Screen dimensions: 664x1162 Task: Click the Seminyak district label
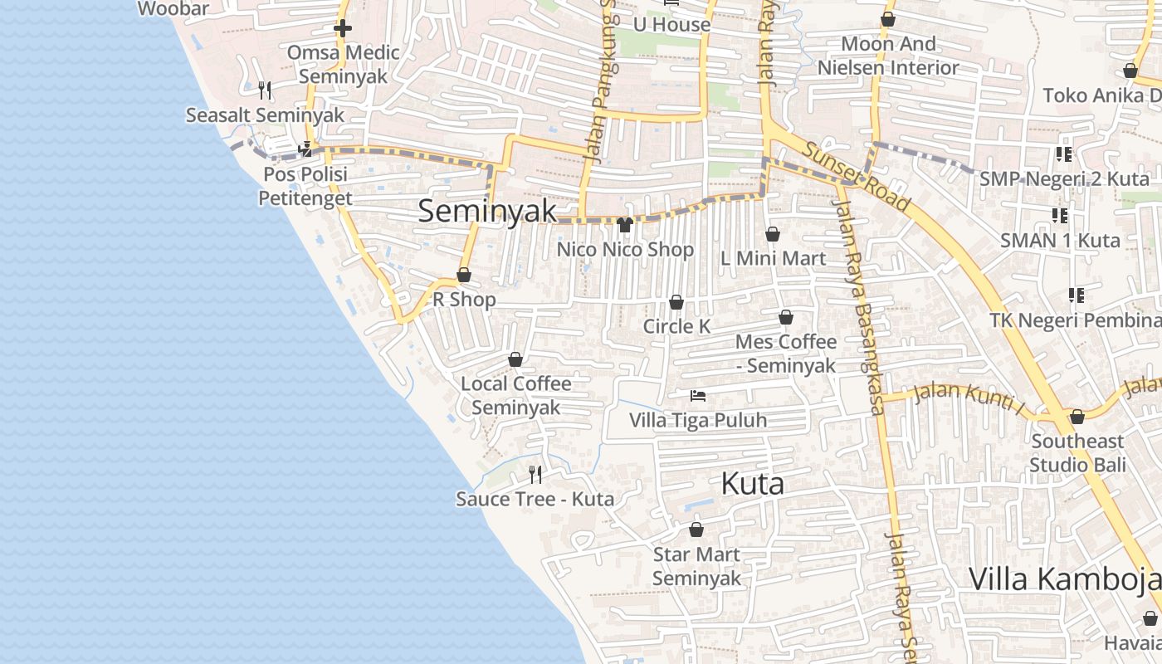pyautogui.click(x=487, y=211)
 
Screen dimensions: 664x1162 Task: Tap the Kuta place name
pyautogui.click(x=753, y=483)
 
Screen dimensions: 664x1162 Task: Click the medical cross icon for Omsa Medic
pyautogui.click(x=343, y=28)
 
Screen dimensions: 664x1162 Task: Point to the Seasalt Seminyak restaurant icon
pyautogui.click(x=265, y=90)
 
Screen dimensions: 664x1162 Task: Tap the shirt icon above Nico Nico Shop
pyautogui.click(x=626, y=225)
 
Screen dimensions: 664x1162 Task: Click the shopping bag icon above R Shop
pyautogui.click(x=464, y=275)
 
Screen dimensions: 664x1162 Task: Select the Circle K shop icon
pyautogui.click(x=676, y=302)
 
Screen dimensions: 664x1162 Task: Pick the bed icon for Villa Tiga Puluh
pyautogui.click(x=698, y=396)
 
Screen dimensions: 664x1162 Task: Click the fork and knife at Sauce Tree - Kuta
pyautogui.click(x=535, y=474)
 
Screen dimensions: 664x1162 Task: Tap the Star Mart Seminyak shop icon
pyautogui.click(x=696, y=529)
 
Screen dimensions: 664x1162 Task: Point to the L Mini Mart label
pyautogui.click(x=773, y=258)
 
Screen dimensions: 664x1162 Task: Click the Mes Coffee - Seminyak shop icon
pyautogui.click(x=786, y=317)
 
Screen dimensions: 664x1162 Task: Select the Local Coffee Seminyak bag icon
pyautogui.click(x=515, y=359)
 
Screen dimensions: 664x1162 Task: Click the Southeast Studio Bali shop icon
pyautogui.click(x=1077, y=417)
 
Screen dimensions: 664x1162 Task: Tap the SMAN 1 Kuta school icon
pyautogui.click(x=1060, y=216)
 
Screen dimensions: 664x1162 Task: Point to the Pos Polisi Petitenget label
pyautogui.click(x=305, y=187)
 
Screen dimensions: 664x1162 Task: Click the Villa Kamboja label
pyautogui.click(x=1065, y=579)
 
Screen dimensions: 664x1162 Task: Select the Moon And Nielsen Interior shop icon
pyautogui.click(x=888, y=19)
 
